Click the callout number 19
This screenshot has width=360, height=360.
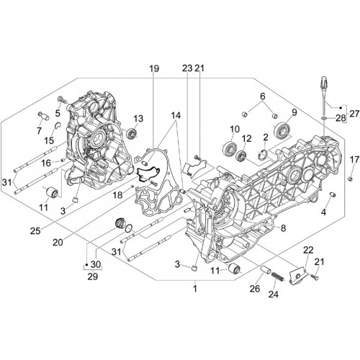154,68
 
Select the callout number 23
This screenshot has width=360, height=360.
187,68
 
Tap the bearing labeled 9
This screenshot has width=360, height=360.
282,130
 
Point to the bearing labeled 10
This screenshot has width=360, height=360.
230,148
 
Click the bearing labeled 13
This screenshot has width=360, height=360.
132,133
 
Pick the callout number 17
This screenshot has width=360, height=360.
354,159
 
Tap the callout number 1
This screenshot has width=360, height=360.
195,288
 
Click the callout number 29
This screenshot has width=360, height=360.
93,276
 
